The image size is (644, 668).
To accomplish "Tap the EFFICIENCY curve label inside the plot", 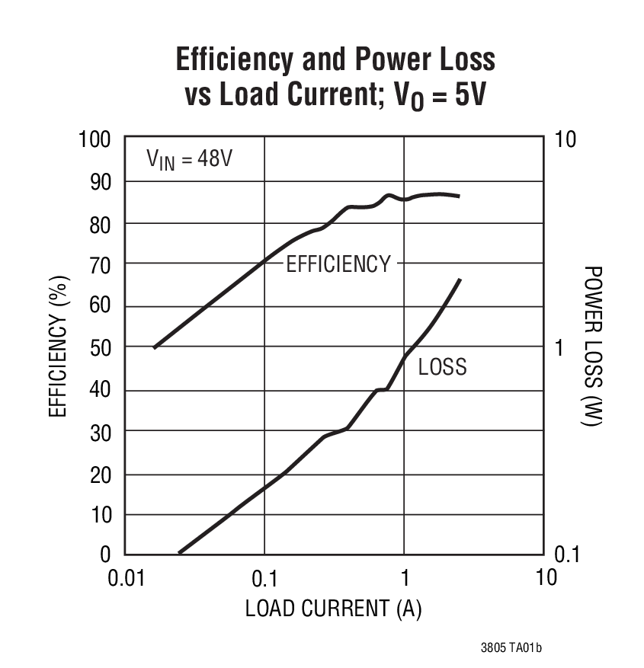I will pos(338,264).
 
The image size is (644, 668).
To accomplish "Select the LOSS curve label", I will pos(442,367).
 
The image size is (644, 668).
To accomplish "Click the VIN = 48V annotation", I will pos(189,161).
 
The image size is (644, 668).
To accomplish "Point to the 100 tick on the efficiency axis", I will pos(95,140).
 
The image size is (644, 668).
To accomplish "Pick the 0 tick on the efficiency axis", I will pos(106,555).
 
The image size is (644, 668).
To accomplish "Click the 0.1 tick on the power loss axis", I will pos(564,555).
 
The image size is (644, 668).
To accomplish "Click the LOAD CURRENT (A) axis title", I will pos(333,609).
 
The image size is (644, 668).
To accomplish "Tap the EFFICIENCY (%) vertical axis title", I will pos(59,347).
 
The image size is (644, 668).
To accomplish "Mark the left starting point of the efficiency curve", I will pos(155,347).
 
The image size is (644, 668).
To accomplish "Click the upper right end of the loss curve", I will pos(460,280).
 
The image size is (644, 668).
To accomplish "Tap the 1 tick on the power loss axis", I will pos(556,348).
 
